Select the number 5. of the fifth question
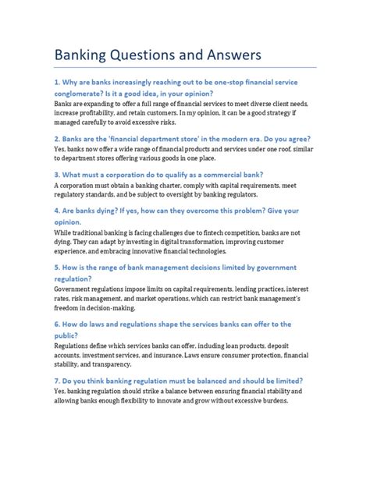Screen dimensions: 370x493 tap(58, 267)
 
